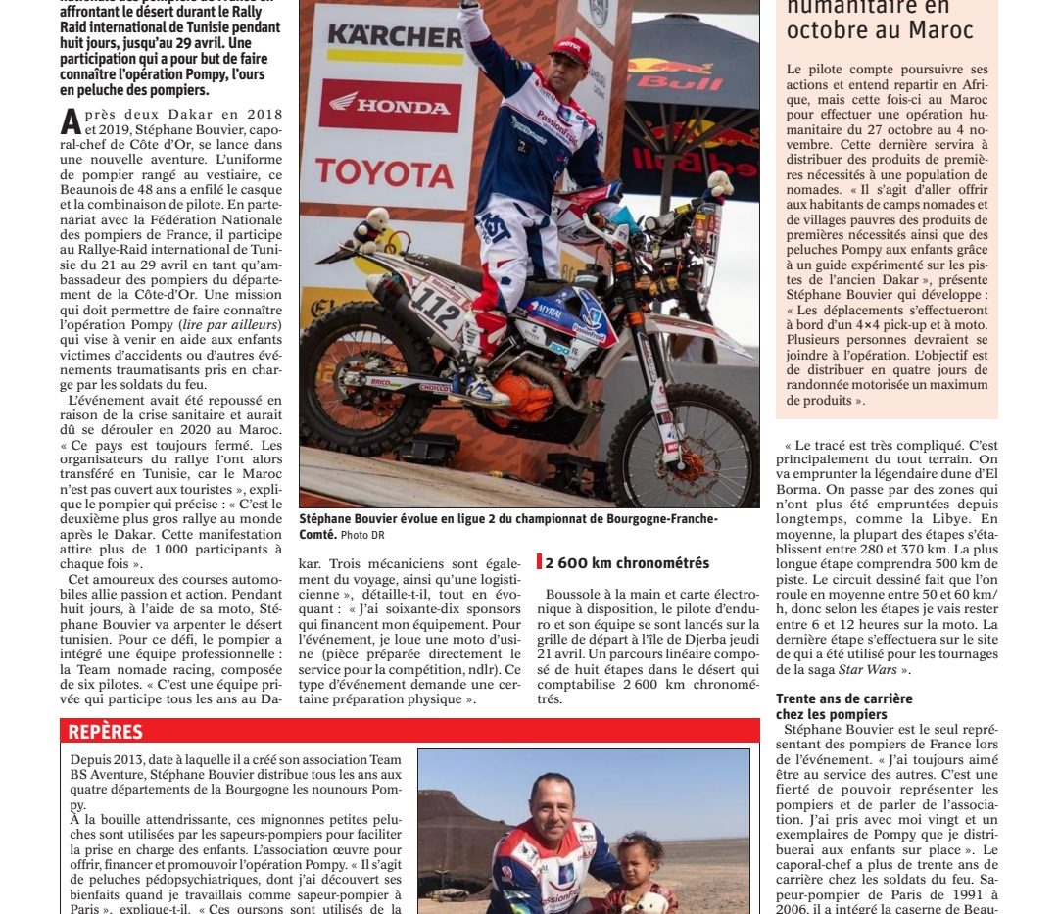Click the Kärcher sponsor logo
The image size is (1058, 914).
pos(394,37)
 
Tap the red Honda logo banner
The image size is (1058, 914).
pos(389,105)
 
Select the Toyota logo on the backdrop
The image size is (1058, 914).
pos(384,172)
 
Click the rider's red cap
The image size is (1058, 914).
pos(571,50)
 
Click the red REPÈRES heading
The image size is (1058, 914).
pos(105,732)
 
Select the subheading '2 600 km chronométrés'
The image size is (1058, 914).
pos(625,563)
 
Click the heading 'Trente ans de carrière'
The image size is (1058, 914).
pos(844,698)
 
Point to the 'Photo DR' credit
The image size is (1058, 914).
pos(362,535)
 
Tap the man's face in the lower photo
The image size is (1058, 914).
pos(552,802)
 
